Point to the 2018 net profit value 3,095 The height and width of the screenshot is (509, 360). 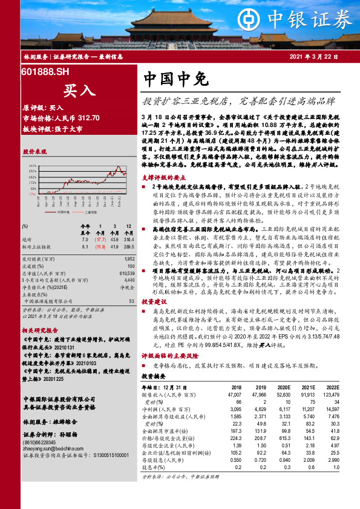pyautogui.click(x=232, y=410)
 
